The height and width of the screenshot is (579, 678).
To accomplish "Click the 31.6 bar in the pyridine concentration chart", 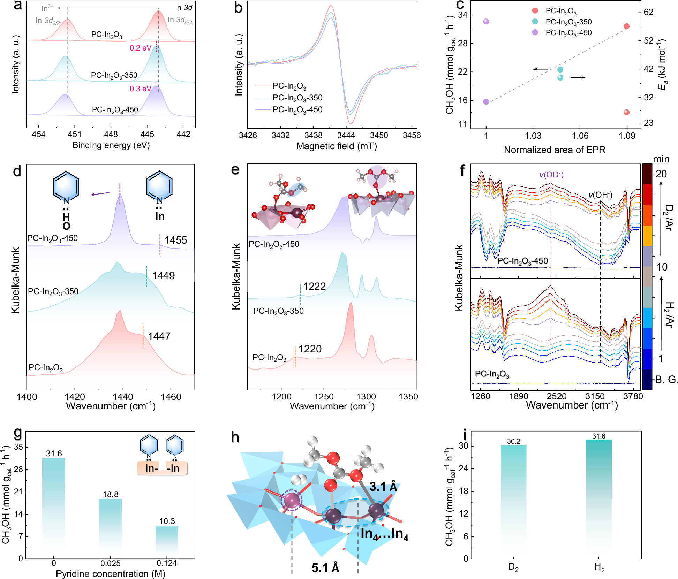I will (53, 505).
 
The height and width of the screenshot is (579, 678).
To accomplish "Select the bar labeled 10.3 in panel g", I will (167, 540).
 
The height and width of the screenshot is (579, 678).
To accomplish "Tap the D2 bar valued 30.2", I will (513, 498).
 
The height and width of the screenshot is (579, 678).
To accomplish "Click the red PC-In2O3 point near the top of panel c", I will (626, 26).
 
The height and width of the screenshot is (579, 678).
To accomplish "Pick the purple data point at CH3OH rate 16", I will (486, 102).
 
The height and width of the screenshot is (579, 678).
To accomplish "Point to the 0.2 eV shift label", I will (140, 48).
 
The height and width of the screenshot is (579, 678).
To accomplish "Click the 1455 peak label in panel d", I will (175, 240).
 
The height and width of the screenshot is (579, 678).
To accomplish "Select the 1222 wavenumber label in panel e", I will (314, 287).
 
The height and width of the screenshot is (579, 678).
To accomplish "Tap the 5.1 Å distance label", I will (325, 568).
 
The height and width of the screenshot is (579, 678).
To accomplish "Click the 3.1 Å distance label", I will (383, 487).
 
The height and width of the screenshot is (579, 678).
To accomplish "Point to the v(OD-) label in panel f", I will (551, 175).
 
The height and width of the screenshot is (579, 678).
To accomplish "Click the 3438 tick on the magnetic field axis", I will (313, 135).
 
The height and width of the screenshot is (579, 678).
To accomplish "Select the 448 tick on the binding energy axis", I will (111, 134).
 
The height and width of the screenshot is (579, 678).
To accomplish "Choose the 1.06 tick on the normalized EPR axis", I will (580, 136).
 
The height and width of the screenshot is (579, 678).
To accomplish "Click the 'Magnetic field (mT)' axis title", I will (337, 146).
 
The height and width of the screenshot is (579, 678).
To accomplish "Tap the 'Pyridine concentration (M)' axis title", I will (111, 573).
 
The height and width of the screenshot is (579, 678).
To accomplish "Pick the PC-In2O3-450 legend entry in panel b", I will (297, 109).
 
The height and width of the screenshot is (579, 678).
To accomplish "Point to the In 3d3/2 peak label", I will (48, 21).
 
